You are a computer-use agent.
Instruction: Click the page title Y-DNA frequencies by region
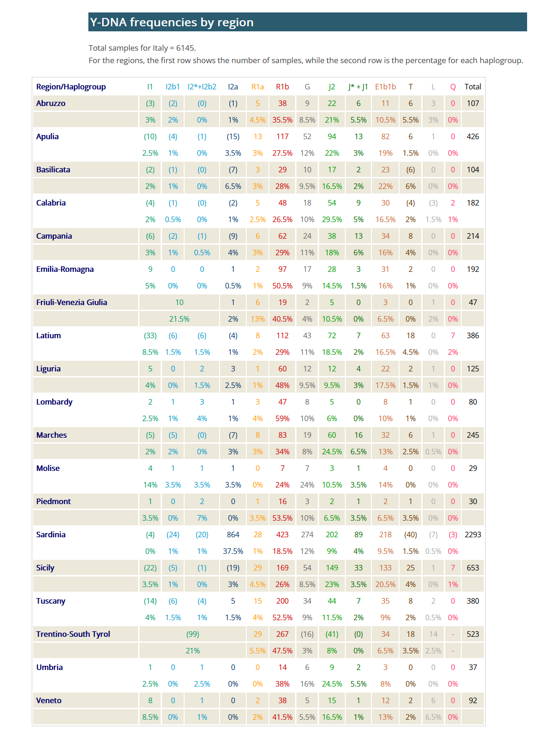click(172, 23)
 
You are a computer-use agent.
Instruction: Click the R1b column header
click(282, 87)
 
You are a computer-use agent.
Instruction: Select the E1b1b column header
click(385, 87)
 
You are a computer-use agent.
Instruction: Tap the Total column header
click(472, 87)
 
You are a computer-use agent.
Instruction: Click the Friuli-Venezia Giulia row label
click(71, 302)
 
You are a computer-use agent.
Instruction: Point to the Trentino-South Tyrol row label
click(73, 634)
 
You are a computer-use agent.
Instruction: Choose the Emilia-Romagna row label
click(64, 269)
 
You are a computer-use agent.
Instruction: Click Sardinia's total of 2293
click(472, 535)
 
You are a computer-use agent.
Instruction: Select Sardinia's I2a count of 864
click(233, 535)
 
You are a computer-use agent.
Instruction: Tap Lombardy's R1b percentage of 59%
click(282, 418)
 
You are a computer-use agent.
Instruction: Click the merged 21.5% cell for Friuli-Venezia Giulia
click(179, 319)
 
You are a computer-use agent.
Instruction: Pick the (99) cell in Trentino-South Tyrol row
click(192, 634)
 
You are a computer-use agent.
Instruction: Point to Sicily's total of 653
click(472, 568)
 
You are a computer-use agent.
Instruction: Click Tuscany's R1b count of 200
click(282, 601)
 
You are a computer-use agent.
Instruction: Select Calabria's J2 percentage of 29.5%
click(331, 219)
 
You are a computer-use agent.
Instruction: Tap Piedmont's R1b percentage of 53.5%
click(282, 518)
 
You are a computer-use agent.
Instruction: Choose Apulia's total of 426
click(472, 136)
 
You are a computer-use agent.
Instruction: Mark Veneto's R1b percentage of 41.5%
click(282, 717)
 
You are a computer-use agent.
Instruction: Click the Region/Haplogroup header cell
click(71, 87)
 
